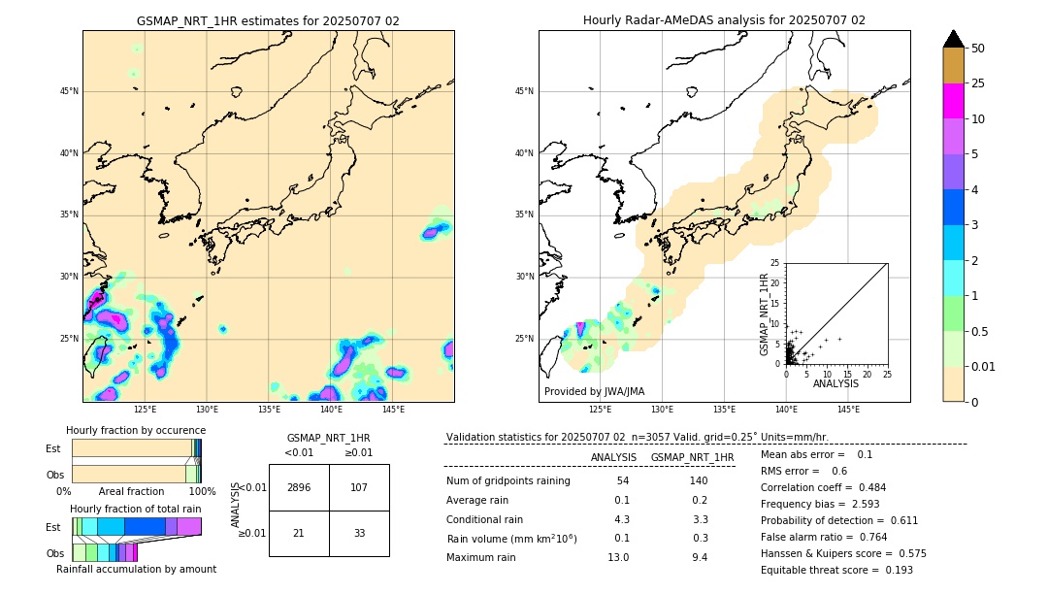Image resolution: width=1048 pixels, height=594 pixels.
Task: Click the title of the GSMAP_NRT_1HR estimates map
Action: click(268, 20)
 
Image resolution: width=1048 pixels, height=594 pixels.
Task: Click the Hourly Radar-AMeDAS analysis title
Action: click(724, 20)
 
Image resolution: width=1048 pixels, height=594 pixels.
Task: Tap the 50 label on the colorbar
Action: click(978, 49)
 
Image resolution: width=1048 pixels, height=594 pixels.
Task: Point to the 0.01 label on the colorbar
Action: click(984, 366)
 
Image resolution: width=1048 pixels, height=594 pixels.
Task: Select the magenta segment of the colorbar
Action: click(954, 101)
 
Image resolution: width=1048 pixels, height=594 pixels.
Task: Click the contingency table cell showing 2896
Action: click(299, 487)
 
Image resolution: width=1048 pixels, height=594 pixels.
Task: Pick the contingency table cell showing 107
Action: click(359, 487)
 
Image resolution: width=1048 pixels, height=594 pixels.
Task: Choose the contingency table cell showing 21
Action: click(299, 533)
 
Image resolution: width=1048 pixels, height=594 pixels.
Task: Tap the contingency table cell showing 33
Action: click(359, 533)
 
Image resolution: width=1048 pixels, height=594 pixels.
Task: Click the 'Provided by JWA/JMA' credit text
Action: click(594, 392)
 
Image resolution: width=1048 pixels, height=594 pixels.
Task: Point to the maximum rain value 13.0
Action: click(618, 557)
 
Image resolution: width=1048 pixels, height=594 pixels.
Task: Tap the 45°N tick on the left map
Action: click(69, 91)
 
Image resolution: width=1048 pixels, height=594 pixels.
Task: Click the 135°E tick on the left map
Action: click(269, 410)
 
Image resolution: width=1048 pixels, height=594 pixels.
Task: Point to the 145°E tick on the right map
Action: click(848, 410)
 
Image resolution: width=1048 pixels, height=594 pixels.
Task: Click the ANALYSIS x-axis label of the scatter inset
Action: click(835, 383)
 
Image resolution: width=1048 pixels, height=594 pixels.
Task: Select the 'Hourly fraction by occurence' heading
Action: click(136, 430)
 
